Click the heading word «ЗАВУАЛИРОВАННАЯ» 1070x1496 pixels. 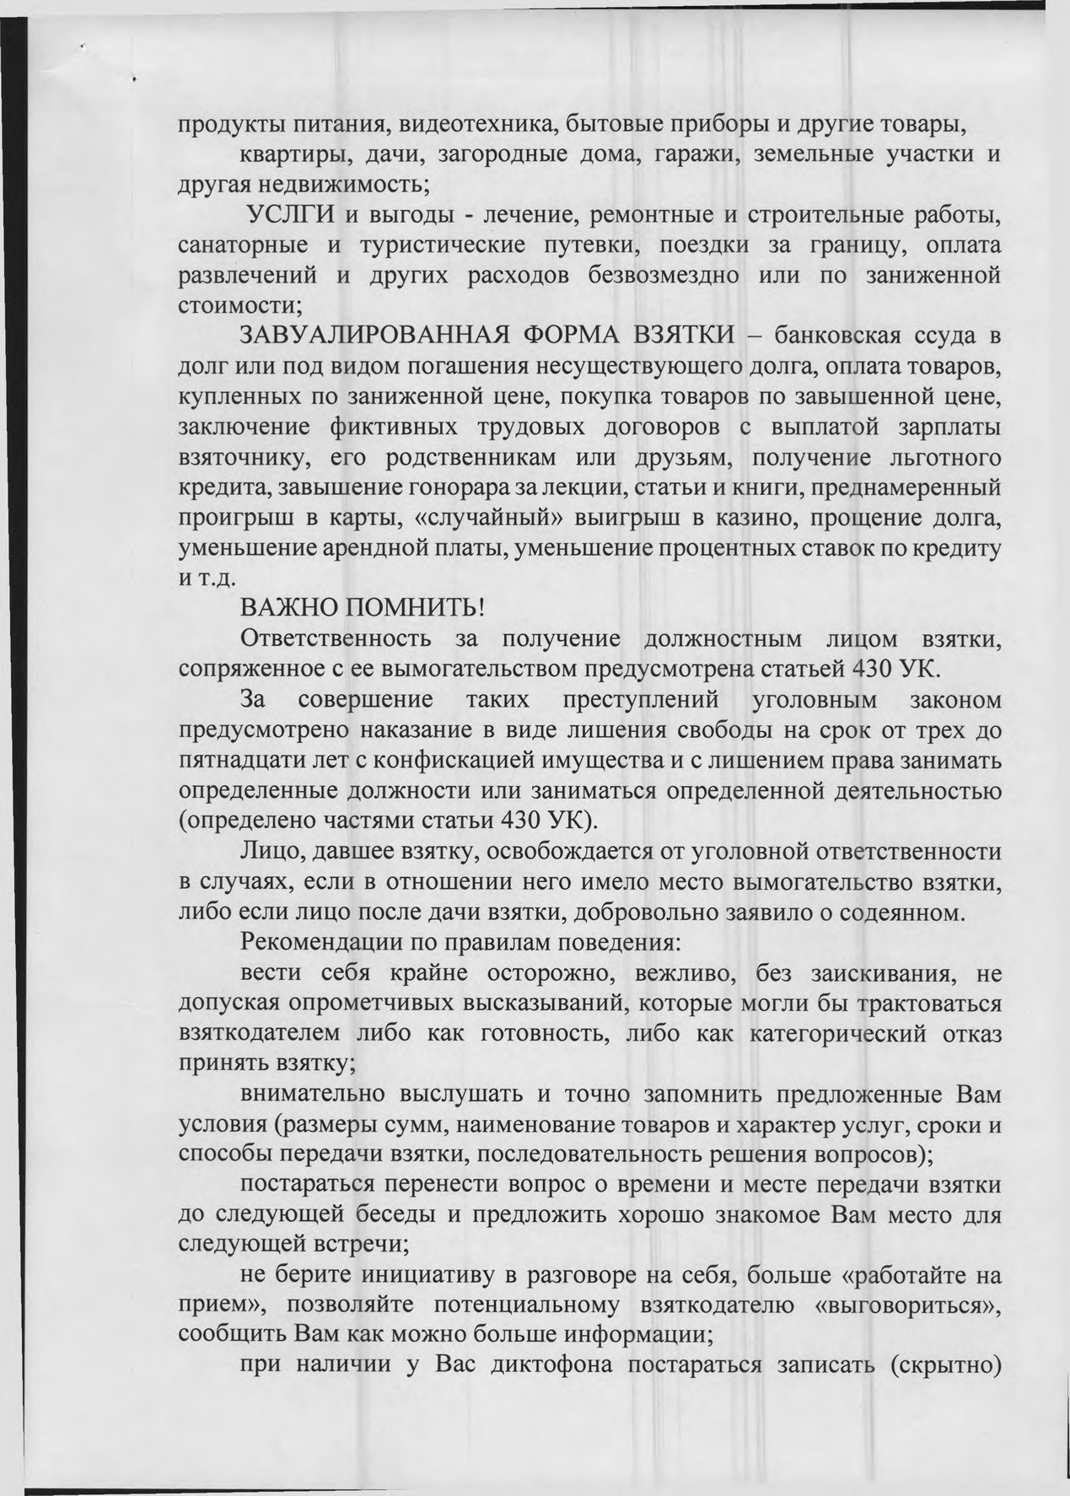373,336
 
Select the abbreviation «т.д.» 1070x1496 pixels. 210,579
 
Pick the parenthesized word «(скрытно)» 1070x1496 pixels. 944,1365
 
